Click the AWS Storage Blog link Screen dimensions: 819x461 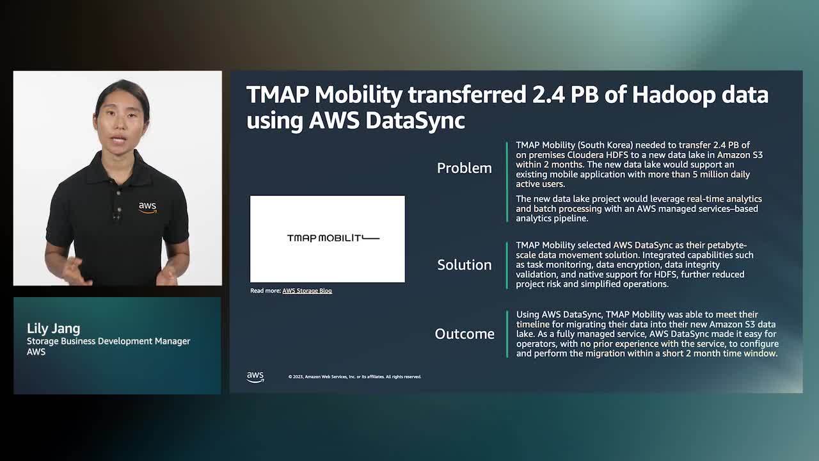point(307,291)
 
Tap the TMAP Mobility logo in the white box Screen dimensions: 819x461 point(333,238)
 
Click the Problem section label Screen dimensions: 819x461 point(465,168)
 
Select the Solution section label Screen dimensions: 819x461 point(465,265)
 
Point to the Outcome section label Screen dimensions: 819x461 point(465,334)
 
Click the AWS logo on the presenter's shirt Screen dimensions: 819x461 point(148,207)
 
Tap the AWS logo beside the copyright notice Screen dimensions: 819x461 point(255,377)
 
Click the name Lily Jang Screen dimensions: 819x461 point(53,328)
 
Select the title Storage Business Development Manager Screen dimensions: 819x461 point(108,341)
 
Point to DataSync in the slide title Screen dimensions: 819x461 point(415,120)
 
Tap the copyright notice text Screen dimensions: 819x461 point(354,377)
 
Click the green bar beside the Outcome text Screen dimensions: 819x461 point(507,334)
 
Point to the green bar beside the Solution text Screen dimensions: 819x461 point(507,265)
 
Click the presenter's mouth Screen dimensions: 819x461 point(118,139)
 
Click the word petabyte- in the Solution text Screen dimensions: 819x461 point(728,245)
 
